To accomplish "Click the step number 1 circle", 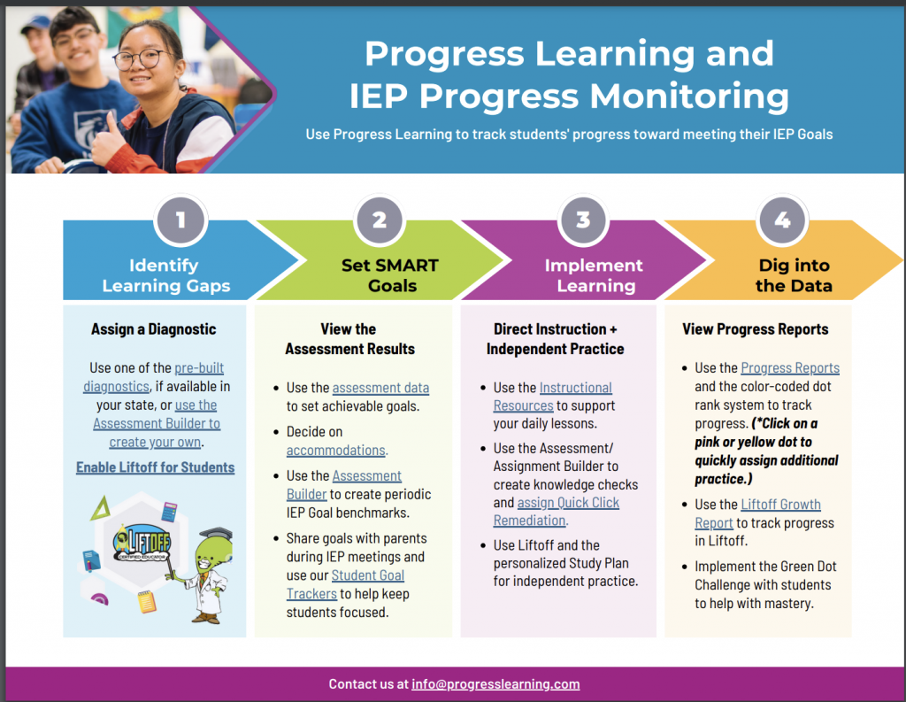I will point(180,220).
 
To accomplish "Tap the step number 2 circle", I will point(380,220).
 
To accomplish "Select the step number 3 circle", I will point(583,220).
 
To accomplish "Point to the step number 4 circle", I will point(782,220).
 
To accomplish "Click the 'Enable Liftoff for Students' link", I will point(155,467).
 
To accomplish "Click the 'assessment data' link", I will point(380,388).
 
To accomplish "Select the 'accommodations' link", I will point(335,451).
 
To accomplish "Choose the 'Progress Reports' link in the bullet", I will point(790,368).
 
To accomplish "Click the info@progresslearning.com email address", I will point(495,684).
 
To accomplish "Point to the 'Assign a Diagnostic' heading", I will point(153,329).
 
